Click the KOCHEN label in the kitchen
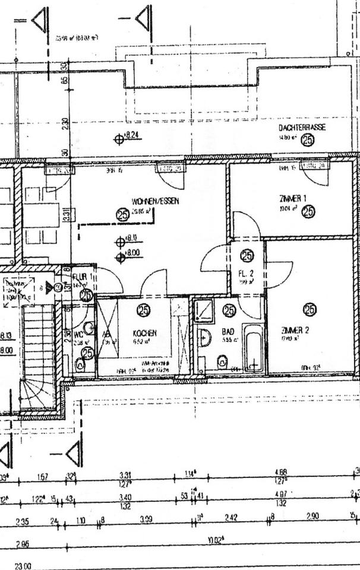coord(144,333)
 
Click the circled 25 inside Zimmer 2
coord(309,309)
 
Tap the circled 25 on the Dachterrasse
coord(308,140)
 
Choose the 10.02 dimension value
coord(214,541)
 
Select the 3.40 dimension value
coord(125,498)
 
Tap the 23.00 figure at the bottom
coord(23,566)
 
